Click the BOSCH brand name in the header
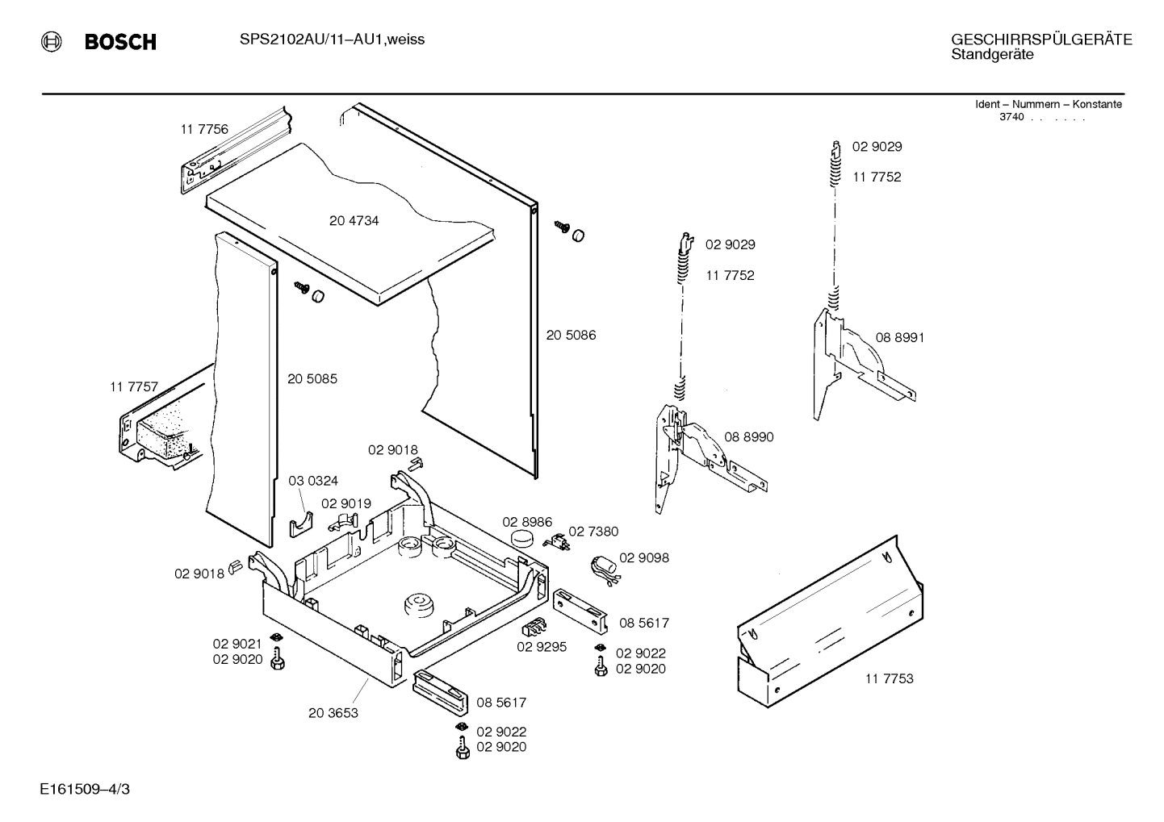coord(120,42)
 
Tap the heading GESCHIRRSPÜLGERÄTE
coord(1040,40)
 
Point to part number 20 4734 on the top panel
coord(354,221)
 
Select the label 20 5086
coord(571,335)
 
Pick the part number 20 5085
coord(312,378)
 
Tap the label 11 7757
coord(134,387)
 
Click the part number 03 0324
coord(313,481)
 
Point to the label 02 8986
coord(527,522)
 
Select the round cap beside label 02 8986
coord(523,539)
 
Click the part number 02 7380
coord(593,531)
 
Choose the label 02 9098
coord(643,557)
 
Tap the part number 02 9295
coord(542,646)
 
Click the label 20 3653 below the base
coord(333,712)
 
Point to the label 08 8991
coord(900,337)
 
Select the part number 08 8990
coord(748,436)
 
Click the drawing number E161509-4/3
coord(84,788)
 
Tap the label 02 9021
coord(237,644)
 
